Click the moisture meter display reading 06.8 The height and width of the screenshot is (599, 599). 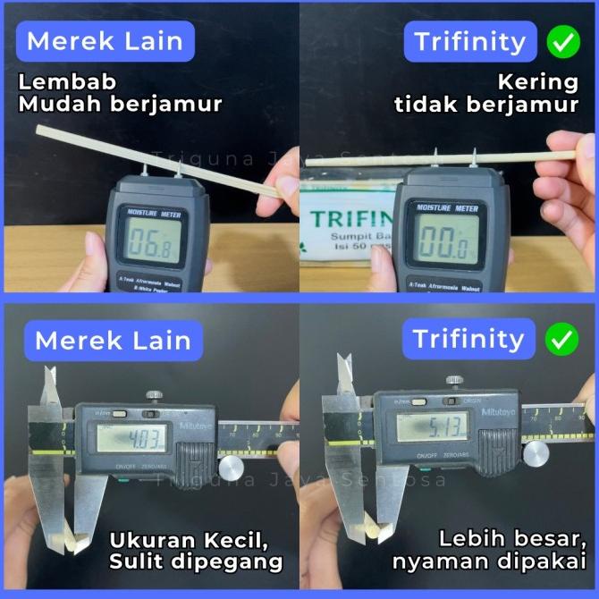coord(152,242)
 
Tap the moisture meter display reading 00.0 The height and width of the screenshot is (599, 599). coord(441,242)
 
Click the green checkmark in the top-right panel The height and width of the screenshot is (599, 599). coord(561,41)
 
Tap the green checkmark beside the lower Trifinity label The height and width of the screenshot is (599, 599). coord(561,341)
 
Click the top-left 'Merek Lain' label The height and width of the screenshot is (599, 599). coord(105,41)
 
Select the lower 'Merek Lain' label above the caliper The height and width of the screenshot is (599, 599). coord(113,341)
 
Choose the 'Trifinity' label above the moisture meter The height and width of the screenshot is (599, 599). coord(469,41)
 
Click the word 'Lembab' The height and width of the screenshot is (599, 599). coord(67,82)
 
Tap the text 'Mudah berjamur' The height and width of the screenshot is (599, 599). coord(121,105)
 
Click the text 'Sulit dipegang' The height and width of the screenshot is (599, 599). coord(196,561)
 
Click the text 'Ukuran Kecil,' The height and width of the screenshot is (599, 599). coord(190,539)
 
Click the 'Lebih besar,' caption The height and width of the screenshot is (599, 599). coord(511,539)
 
